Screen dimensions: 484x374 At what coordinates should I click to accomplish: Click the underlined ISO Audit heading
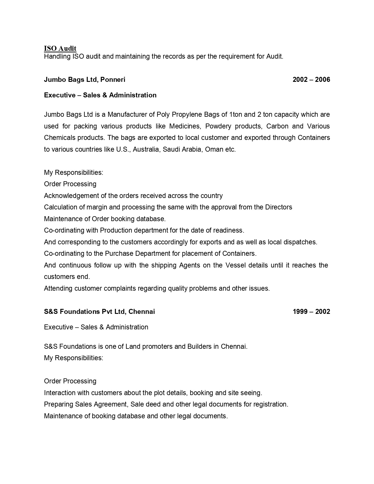(60, 48)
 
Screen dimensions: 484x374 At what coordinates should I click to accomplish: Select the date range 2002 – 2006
(311, 79)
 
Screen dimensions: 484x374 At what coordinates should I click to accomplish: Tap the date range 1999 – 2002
(311, 312)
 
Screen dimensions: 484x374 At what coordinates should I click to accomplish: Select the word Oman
(214, 149)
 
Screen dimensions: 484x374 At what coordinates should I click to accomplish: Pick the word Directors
(279, 207)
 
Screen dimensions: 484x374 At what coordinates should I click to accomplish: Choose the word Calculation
(60, 207)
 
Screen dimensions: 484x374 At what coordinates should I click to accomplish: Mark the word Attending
(58, 288)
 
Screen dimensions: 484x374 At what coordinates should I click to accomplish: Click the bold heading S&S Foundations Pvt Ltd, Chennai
(99, 312)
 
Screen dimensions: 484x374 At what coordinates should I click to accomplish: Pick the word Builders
(202, 346)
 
